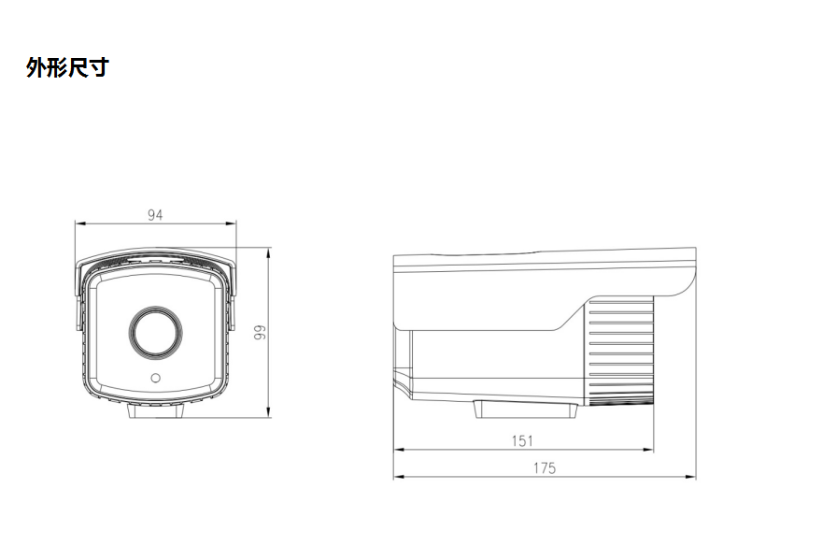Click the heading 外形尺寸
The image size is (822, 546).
[x=67, y=68]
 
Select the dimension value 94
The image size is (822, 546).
[x=155, y=215]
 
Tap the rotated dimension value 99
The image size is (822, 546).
[x=262, y=332]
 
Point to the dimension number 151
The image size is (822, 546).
[x=523, y=440]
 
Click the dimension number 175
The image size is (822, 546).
[x=545, y=467]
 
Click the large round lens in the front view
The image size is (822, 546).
[x=155, y=331]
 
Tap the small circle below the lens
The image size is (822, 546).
[x=155, y=379]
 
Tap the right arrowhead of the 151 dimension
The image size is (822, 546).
[x=648, y=450]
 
